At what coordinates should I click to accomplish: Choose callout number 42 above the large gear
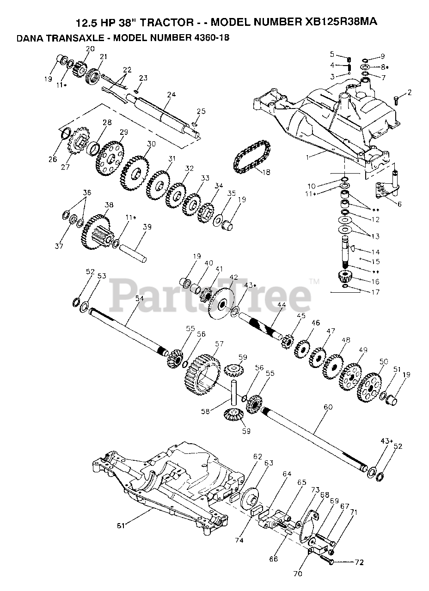pos(233,277)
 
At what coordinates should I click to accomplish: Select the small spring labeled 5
pos(349,60)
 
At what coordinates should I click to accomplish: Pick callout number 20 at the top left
pos(90,48)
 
